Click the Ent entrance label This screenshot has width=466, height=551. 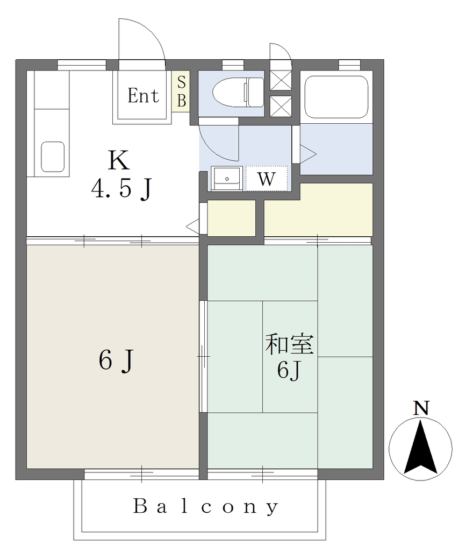pos(143,96)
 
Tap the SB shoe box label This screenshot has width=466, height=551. pos(182,91)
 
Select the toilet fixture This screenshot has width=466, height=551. pos(238,93)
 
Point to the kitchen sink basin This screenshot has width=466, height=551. pos(53,157)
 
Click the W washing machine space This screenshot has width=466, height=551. pos(267,179)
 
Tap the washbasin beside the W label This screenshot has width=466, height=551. pos(227,179)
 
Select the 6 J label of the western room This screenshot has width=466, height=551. pos(116,361)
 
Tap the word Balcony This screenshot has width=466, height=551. pos(206,506)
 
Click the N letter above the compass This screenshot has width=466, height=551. pos(421,408)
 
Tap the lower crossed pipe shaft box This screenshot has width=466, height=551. pos(281,106)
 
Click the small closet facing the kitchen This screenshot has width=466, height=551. pos(231,218)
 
